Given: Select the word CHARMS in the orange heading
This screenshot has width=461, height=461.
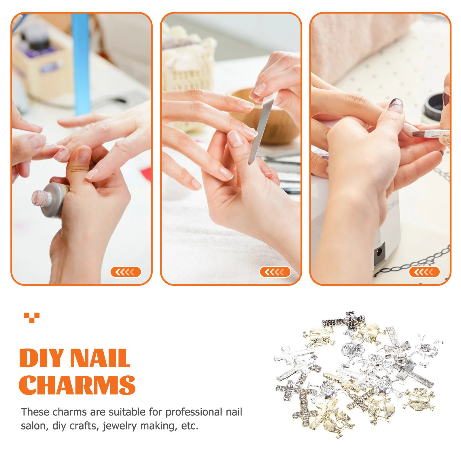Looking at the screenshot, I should pyautogui.click(x=77, y=385).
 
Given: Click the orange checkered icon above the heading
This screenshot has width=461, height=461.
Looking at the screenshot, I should pyautogui.click(x=32, y=318).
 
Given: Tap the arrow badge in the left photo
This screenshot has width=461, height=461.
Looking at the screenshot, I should pyautogui.click(x=125, y=272).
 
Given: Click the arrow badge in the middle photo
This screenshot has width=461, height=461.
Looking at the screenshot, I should pyautogui.click(x=275, y=272).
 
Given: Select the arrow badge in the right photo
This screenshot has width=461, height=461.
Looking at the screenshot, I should pyautogui.click(x=424, y=272).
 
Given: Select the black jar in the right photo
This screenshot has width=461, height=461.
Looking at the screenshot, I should pyautogui.click(x=435, y=107).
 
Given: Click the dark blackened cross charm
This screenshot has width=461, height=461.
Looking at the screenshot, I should pyautogui.click(x=344, y=321).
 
